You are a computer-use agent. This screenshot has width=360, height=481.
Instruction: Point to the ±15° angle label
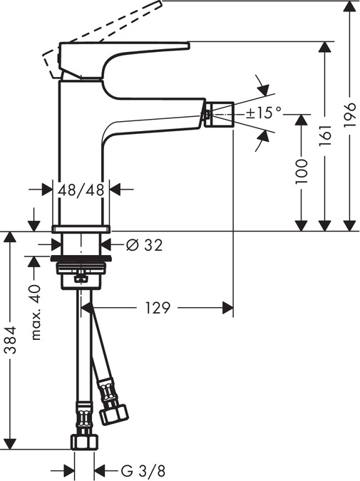(264, 112)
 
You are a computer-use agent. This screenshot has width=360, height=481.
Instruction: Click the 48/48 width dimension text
(82, 190)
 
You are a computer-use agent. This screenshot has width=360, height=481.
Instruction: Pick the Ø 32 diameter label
(144, 244)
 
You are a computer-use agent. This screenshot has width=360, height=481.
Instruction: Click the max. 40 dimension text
(36, 311)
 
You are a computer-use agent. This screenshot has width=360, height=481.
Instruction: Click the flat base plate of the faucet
(82, 228)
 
